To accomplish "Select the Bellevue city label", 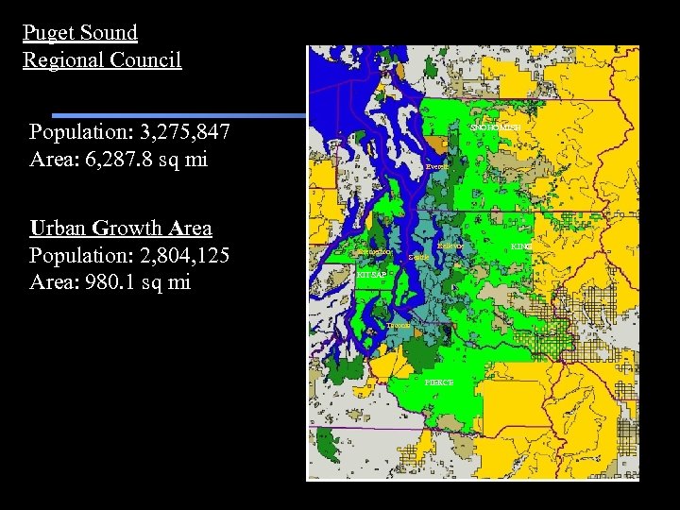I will coord(450,246).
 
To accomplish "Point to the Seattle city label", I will coord(418,257).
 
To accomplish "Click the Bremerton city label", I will coord(373,252).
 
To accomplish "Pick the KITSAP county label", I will coord(371,274).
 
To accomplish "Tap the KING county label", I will coord(521,246).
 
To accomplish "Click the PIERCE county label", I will coord(439,382).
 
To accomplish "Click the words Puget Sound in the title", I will coord(80,33).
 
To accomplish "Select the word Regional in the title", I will coord(63,60).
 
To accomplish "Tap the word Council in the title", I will coord(145,60).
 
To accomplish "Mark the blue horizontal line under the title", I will coord(179,115).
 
